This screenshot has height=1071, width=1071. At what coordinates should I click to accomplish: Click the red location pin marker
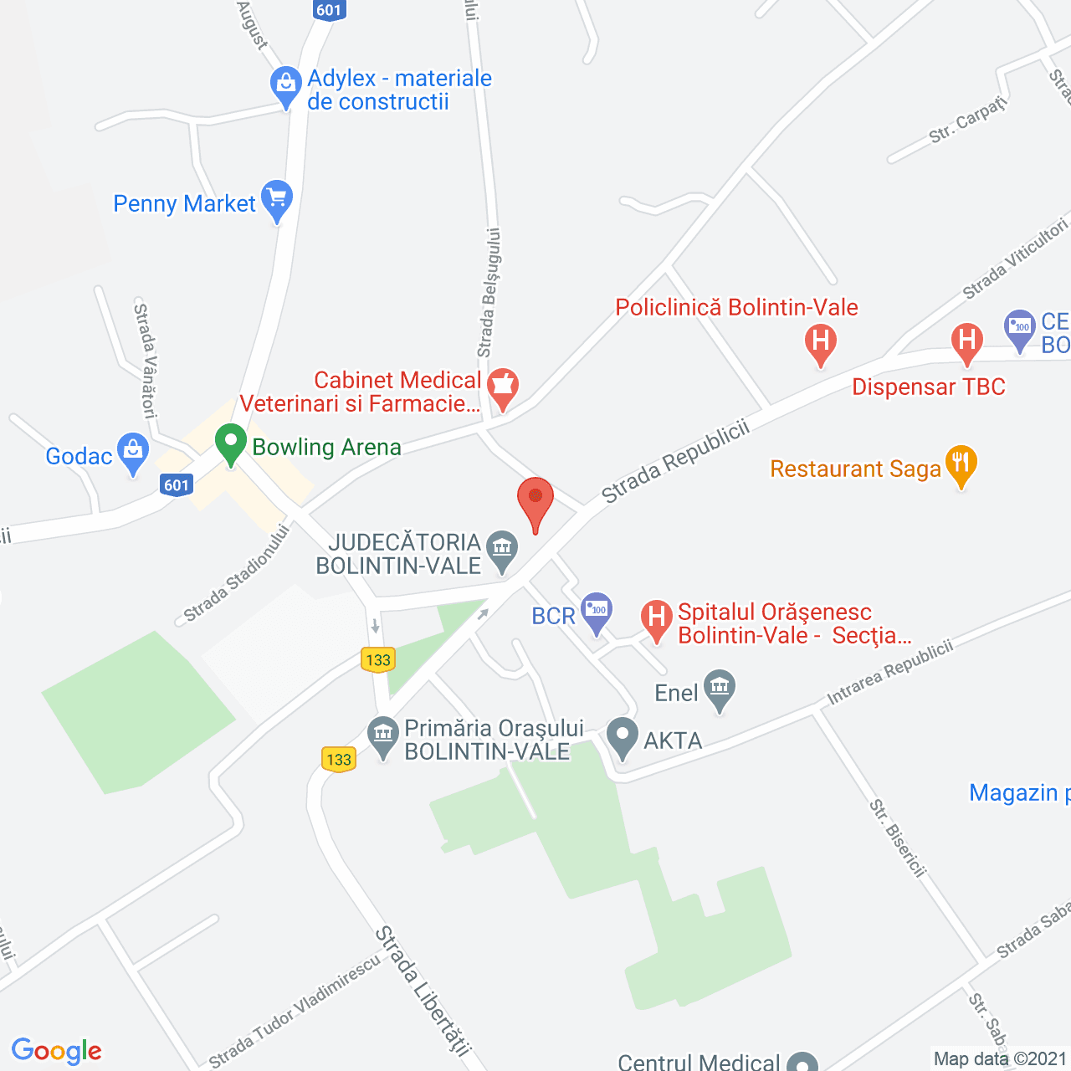pyautogui.click(x=535, y=500)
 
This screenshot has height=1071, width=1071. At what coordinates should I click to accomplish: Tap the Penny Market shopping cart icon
pyautogui.click(x=277, y=200)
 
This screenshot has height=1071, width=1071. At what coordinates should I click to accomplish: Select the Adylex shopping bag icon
pyautogui.click(x=286, y=85)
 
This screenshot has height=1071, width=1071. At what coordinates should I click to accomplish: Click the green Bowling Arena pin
pyautogui.click(x=230, y=443)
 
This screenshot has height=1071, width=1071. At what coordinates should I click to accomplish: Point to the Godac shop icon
pyautogui.click(x=133, y=452)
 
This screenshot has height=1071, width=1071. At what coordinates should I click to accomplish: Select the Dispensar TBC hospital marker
pyautogui.click(x=967, y=342)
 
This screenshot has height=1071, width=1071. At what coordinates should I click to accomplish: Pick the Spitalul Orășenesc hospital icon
pyautogui.click(x=657, y=620)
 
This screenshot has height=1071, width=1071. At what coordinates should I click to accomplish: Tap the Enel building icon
pyautogui.click(x=720, y=689)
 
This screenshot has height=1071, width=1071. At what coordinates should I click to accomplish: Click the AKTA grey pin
pyautogui.click(x=622, y=736)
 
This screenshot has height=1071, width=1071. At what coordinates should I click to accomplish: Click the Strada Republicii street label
pyautogui.click(x=675, y=463)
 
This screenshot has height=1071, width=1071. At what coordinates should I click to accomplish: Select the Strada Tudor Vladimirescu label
pyautogui.click(x=295, y=1010)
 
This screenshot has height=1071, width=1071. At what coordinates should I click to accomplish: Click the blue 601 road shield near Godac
pyautogui.click(x=177, y=485)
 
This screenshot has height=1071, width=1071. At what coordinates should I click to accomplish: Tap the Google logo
pyautogui.click(x=56, y=1051)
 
